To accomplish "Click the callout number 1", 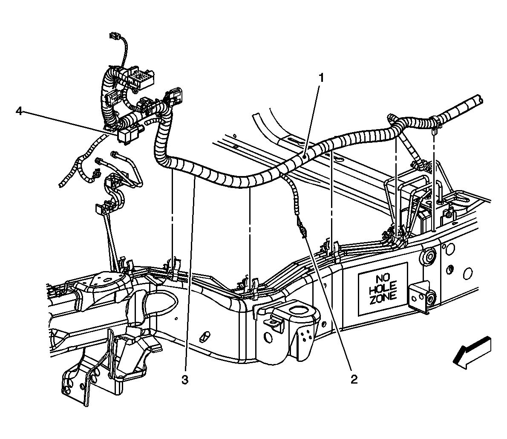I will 322,78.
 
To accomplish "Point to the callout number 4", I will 18,111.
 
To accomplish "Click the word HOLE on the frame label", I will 383,287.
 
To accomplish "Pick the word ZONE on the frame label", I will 383,296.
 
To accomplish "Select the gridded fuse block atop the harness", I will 141,78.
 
